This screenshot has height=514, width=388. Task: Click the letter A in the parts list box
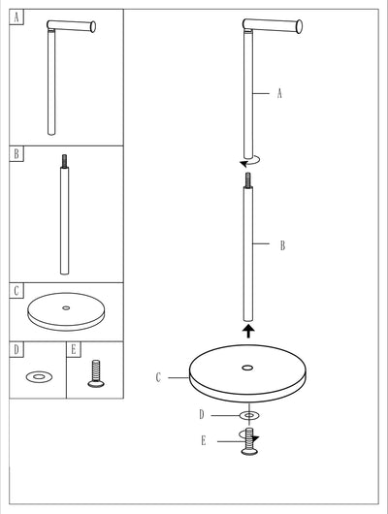(x=16, y=17)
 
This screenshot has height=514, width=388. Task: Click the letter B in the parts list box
(x=16, y=153)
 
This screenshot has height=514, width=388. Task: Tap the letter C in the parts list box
(x=16, y=290)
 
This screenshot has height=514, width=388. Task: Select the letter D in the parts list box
(x=16, y=349)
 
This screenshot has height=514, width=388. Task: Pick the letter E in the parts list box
(x=74, y=349)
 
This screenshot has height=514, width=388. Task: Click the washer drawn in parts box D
(x=40, y=376)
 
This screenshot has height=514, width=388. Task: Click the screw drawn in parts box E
(x=96, y=373)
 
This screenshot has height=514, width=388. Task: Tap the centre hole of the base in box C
(x=66, y=307)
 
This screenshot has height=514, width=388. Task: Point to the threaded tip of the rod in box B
(x=65, y=161)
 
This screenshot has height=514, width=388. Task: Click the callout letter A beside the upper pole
(x=279, y=93)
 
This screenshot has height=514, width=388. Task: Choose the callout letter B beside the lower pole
(x=282, y=245)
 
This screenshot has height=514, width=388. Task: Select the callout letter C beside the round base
(x=158, y=377)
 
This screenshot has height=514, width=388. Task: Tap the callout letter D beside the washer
(x=202, y=415)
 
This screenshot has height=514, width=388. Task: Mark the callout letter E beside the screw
(x=204, y=441)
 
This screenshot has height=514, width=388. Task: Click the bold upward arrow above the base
(x=248, y=331)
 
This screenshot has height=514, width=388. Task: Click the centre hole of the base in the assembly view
(x=247, y=368)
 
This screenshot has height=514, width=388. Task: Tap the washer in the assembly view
(x=249, y=416)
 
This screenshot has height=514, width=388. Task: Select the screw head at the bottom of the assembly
(x=250, y=452)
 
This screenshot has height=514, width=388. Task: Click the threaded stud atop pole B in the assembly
(x=248, y=180)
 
